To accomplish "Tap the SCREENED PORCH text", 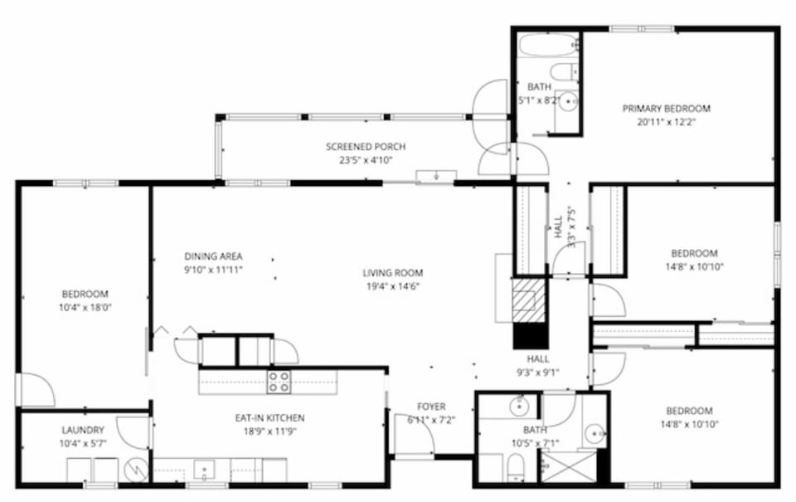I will coord(366,147).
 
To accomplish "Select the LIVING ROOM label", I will coord(393,272).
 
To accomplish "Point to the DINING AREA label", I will coord(213,256).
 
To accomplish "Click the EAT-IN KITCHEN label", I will coord(269,418).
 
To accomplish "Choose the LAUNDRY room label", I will coord(83,430).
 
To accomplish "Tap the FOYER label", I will coord(431,407).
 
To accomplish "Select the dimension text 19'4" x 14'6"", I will coord(393,285).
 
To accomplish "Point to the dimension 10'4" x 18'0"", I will coord(85,307).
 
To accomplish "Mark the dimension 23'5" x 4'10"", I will coord(366,160).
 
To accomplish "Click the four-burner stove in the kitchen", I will coord(279,382).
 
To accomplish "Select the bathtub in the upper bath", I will coord(547,43).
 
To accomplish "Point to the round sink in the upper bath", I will coord(568,102).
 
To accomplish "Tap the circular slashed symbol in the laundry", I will coord(134,471).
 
